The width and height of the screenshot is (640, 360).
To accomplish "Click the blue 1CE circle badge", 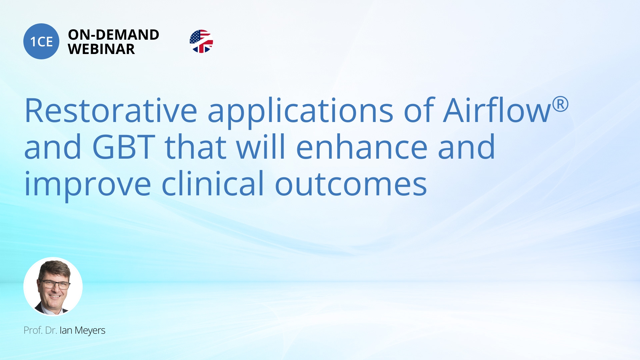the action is (41, 41).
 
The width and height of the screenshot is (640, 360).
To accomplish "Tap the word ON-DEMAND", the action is (114, 35).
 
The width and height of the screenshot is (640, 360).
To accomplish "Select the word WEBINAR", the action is (101, 49).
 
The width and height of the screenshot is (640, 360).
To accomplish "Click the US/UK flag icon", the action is (201, 41).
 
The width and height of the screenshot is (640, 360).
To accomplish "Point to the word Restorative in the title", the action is (111, 110).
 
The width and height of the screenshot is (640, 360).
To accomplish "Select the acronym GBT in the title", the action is (124, 147).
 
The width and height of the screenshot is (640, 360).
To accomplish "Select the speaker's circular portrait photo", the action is (53, 286).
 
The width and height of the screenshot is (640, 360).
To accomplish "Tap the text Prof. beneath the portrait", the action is (33, 330).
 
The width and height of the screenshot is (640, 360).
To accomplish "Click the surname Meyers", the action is (90, 331).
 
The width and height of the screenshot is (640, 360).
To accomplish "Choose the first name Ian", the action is (66, 330).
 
